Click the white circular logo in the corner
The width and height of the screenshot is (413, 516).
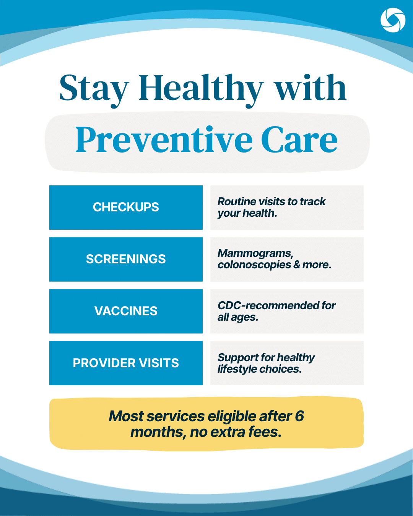pyautogui.click(x=393, y=20)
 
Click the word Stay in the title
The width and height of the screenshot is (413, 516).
pyautogui.click(x=94, y=89)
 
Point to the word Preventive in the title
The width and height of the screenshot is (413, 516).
pyautogui.click(x=164, y=140)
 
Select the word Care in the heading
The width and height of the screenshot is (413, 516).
pyautogui.click(x=299, y=140)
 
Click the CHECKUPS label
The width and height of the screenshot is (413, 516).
pyautogui.click(x=126, y=207)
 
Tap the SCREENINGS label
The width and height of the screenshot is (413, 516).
pyautogui.click(x=126, y=259)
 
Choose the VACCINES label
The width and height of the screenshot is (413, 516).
pyautogui.click(x=126, y=311)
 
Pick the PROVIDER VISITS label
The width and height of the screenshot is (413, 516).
pyautogui.click(x=126, y=363)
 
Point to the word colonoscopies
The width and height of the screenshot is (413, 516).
pyautogui.click(x=254, y=265)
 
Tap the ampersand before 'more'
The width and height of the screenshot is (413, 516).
pyautogui.click(x=297, y=265)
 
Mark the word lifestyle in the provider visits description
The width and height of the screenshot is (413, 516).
pyautogui.click(x=237, y=369)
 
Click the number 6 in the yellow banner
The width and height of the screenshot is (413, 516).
pyautogui.click(x=299, y=416)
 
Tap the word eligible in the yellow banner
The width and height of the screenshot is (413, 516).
pyautogui.click(x=232, y=416)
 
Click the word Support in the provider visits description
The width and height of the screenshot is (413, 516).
pyautogui.click(x=238, y=358)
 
